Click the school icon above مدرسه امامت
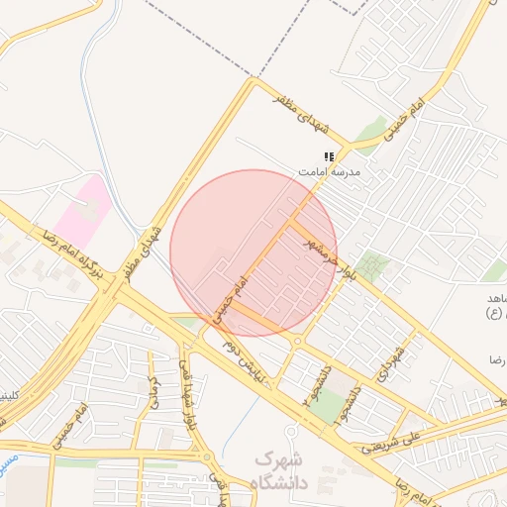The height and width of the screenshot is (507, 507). (329, 156)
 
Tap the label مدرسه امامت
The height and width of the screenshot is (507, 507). (331, 171)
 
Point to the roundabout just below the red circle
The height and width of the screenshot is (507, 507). (297, 342)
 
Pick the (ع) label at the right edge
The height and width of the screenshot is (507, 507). (492, 314)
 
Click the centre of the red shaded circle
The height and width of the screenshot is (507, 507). (253, 253)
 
